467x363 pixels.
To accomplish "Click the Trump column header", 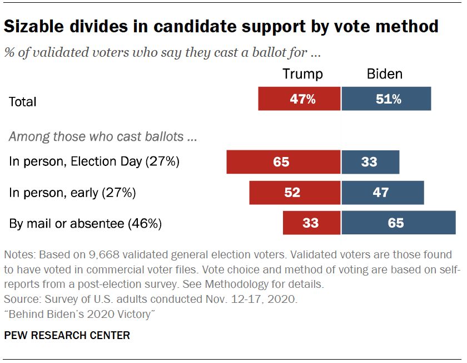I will pos(302,74).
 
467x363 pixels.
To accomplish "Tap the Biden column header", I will pos(385,74).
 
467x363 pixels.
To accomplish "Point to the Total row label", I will pos(23,102).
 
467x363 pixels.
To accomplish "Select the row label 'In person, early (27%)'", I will pos(72,193).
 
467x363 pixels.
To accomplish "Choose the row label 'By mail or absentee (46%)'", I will pos(85,224).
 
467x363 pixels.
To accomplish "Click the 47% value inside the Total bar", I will pos(302,100).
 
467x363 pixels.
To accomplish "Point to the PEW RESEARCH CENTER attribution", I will pos(67,335).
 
